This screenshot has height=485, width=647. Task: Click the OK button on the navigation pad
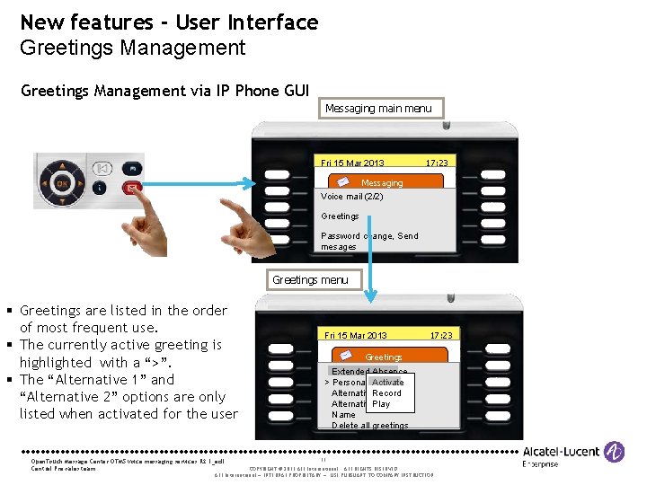[x=62, y=183]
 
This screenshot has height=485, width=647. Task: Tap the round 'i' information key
[x=101, y=189]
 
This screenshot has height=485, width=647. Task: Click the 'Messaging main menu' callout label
[x=378, y=109]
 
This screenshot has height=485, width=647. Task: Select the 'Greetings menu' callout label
[x=310, y=280]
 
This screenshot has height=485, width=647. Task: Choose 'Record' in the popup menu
[x=386, y=393]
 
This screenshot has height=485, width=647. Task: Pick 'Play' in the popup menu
[x=381, y=404]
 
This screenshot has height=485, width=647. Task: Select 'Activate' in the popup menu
[x=387, y=382]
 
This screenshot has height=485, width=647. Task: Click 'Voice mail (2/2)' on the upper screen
[x=351, y=196]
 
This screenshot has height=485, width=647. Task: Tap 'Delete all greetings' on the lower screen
[x=369, y=426]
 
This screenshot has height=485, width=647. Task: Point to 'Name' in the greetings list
[x=343, y=415]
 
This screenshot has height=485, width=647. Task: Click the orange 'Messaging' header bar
[x=382, y=182]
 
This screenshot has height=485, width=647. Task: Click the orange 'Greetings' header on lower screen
[x=384, y=357]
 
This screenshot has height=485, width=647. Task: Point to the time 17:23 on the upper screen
[x=438, y=163]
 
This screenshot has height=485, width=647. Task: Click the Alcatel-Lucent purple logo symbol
[x=615, y=451]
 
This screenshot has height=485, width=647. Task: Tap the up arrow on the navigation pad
[x=62, y=165]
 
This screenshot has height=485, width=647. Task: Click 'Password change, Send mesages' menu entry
[x=369, y=241]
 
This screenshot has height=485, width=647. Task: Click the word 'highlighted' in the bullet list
[x=56, y=362]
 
